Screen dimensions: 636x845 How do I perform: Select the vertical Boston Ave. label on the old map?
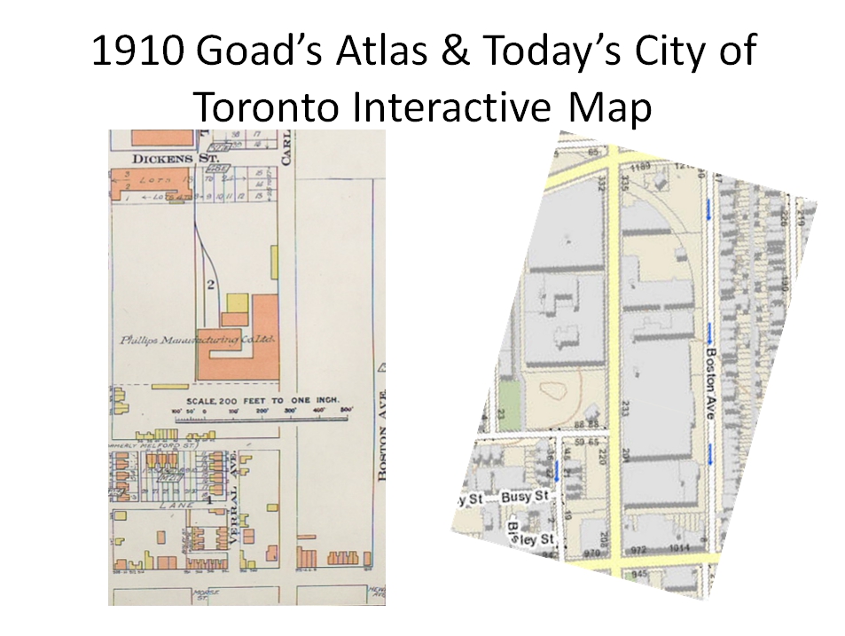point(383,423)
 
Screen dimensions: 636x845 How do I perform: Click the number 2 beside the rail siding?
point(211,285)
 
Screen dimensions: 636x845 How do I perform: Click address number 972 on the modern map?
point(639,549)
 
